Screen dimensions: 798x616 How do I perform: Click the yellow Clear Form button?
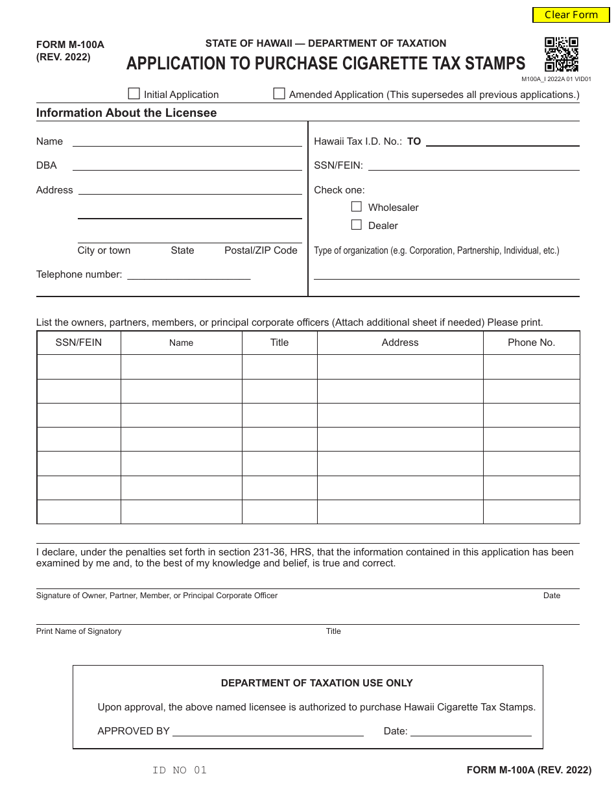pyautogui.click(x=571, y=15)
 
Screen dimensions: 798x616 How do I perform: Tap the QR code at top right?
pyautogui.click(x=561, y=54)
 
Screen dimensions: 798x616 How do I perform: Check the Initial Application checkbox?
pyautogui.click(x=134, y=94)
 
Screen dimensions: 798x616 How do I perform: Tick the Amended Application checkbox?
pyautogui.click(x=279, y=94)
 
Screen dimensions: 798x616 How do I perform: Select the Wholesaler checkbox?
pyautogui.click(x=356, y=207)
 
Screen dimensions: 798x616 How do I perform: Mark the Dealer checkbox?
pyautogui.click(x=356, y=225)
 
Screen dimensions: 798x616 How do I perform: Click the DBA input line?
pyautogui.click(x=187, y=165)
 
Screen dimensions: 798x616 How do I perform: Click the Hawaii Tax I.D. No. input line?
pyautogui.click(x=502, y=141)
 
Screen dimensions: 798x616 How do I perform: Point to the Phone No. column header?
pyautogui.click(x=531, y=343)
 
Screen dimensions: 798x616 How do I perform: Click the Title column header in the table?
pyautogui.click(x=279, y=343)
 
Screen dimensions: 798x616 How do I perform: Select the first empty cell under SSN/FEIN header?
pyautogui.click(x=79, y=367)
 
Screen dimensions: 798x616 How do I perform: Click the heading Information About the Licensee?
pyautogui.click(x=126, y=113)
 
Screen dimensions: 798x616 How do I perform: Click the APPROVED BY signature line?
pyautogui.click(x=267, y=731)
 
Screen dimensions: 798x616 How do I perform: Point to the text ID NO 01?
pyautogui.click(x=180, y=770)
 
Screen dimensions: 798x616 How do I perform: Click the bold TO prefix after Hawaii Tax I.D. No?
pyautogui.click(x=414, y=141)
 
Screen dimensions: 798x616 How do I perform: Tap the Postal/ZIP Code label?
pyautogui.click(x=261, y=250)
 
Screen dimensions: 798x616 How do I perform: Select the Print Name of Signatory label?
pyautogui.click(x=78, y=631)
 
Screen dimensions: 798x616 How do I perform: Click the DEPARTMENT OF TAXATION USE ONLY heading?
pyautogui.click(x=316, y=683)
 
